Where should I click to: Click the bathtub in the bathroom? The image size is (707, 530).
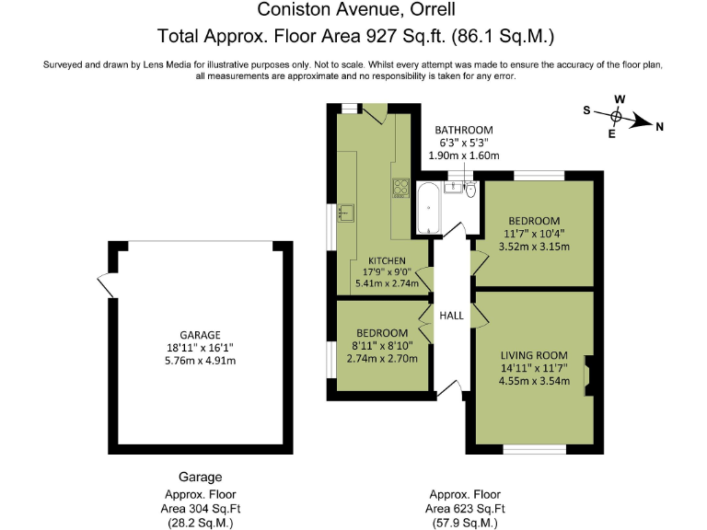428,209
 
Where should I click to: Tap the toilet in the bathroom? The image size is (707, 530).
470,190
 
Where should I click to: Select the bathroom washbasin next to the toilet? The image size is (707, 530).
453,189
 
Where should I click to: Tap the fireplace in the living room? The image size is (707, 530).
590,377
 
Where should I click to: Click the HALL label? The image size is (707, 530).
451,316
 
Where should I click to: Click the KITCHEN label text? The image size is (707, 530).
387,260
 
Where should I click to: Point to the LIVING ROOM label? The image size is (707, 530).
534,355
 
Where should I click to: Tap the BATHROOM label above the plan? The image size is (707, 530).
464,130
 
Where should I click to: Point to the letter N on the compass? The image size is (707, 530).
658,128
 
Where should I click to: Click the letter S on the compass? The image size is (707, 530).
586,109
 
